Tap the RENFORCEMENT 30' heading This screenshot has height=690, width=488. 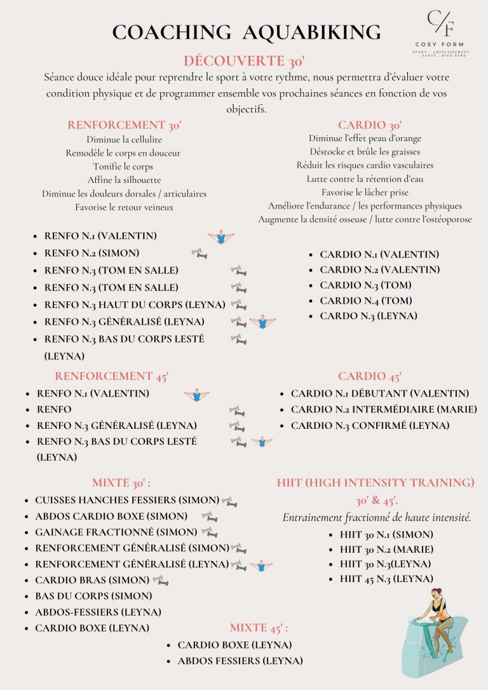click(125, 125)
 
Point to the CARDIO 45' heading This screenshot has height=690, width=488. click(370, 376)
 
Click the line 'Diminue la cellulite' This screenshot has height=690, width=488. click(125, 139)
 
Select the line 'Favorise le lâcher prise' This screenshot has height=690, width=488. click(365, 192)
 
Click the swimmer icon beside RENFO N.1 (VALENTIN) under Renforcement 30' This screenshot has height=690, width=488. click(220, 238)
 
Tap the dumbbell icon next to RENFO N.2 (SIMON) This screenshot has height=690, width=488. click(200, 254)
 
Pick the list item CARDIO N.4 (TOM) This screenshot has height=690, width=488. click(365, 301)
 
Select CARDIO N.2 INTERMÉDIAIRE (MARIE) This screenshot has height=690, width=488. click(384, 409)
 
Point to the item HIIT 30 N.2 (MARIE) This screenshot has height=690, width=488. click(386, 549)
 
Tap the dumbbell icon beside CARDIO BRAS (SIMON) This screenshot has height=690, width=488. click(161, 580)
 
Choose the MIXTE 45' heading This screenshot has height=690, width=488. click(259, 628)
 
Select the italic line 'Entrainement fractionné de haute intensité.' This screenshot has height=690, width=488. click(377, 517)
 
